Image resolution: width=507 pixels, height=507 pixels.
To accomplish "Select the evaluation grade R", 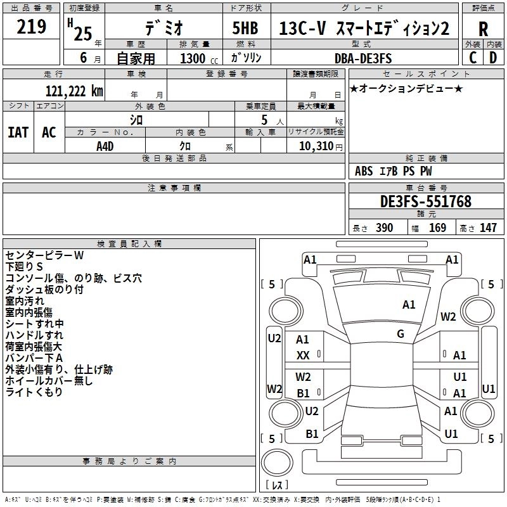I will (483, 29).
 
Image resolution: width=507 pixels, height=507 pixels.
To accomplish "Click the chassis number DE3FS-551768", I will (426, 202).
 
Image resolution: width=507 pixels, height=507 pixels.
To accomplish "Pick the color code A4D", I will (105, 146).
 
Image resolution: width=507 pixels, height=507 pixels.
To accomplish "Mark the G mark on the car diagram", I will (401, 334).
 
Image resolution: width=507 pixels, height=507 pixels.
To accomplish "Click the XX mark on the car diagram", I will (303, 356).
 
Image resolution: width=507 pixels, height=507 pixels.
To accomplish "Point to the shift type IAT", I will (18, 133).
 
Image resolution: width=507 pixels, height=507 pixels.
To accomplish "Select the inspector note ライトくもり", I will (34, 392).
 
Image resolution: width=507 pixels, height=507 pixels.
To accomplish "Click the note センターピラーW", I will (44, 255).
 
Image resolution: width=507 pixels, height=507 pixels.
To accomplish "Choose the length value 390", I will (384, 228).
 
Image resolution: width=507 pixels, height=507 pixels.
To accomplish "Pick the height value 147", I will (488, 228).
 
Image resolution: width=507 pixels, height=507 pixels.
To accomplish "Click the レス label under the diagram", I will (277, 485).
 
